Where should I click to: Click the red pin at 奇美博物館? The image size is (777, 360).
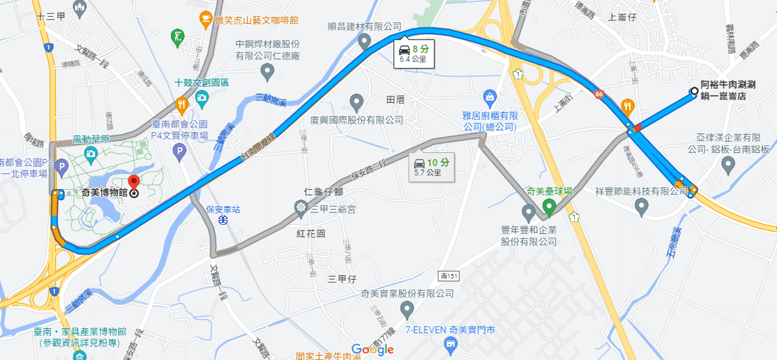[x=133, y=182]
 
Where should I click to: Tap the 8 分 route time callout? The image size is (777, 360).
[x=414, y=53]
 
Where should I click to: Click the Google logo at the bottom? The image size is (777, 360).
[x=374, y=349]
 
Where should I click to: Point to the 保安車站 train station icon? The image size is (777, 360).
[x=222, y=220]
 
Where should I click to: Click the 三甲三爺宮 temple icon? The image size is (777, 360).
[x=300, y=208]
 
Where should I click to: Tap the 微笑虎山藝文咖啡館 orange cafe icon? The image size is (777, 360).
[x=205, y=19]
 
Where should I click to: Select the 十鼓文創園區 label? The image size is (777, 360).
[x=202, y=83]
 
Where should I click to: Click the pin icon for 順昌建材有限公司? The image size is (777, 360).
[x=365, y=42]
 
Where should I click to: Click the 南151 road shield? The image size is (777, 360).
[x=449, y=276]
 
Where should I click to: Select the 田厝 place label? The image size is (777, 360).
[x=395, y=99]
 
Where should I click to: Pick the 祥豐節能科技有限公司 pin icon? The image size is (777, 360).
[x=642, y=207]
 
